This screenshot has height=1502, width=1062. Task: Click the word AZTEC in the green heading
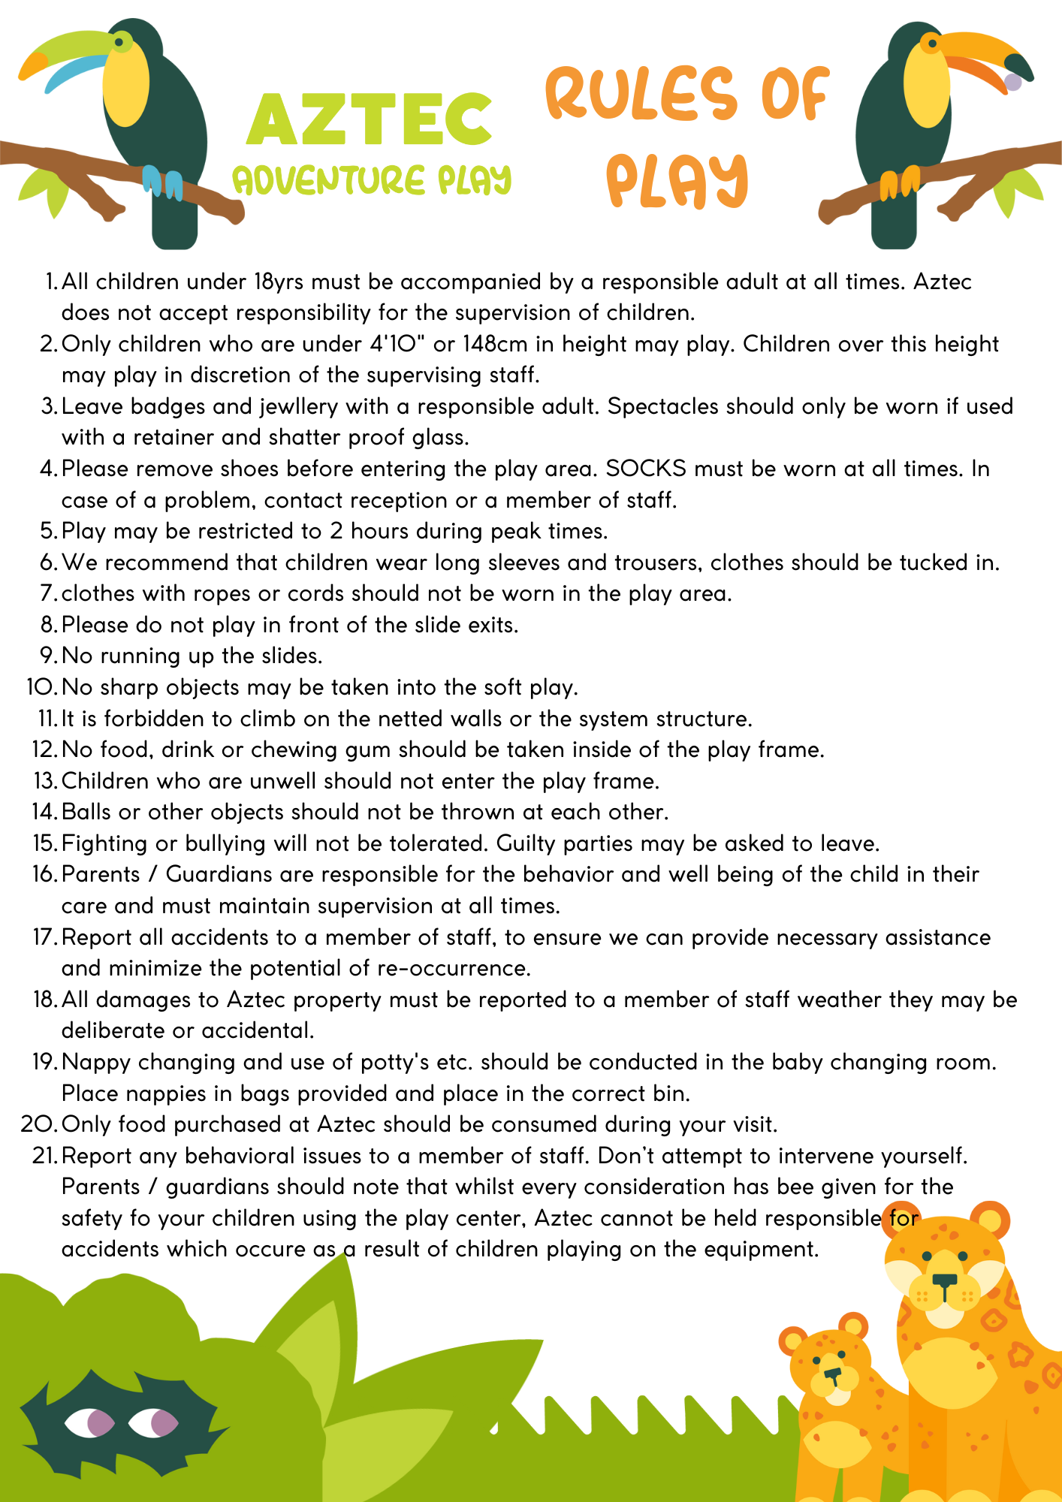(x=369, y=120)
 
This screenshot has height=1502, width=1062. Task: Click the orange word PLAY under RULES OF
(x=677, y=181)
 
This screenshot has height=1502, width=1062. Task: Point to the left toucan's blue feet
(x=162, y=182)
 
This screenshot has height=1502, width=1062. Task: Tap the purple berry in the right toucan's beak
(x=1012, y=81)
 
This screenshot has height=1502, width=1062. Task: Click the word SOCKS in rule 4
(x=646, y=469)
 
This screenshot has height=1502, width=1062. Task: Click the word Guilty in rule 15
(x=526, y=843)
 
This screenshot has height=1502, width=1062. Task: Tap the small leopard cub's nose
(x=831, y=1374)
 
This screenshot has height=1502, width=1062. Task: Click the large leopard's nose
(x=945, y=1280)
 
